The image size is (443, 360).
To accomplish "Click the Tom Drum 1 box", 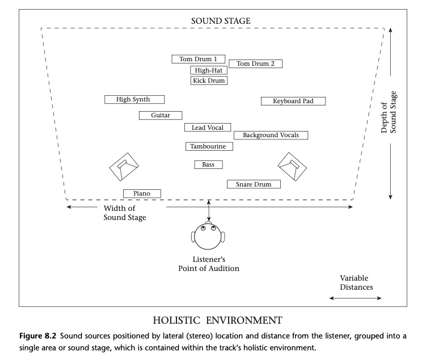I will coord(198,59).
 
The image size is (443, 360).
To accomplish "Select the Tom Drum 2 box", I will coord(255,63).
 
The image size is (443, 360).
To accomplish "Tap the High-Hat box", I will coord(209,70).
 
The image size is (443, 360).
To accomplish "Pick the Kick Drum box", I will coord(209,81).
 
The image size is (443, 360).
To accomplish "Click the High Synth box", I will coord(134,99).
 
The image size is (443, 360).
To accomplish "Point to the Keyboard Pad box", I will coord(293,101).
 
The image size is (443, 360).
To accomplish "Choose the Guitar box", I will coord(161,115).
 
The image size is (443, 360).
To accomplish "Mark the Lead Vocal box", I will coord(207,128).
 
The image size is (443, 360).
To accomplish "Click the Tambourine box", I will coord(209,146).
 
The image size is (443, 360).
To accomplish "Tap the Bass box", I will coord(208,164).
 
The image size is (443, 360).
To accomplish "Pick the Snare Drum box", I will coord(254,184).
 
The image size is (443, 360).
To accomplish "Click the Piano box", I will coord(142,193).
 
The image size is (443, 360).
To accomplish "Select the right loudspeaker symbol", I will coord(293,165).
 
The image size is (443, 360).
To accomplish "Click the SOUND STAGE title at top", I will coord(221,21).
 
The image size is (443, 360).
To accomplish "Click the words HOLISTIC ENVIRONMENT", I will coord(221,319).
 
